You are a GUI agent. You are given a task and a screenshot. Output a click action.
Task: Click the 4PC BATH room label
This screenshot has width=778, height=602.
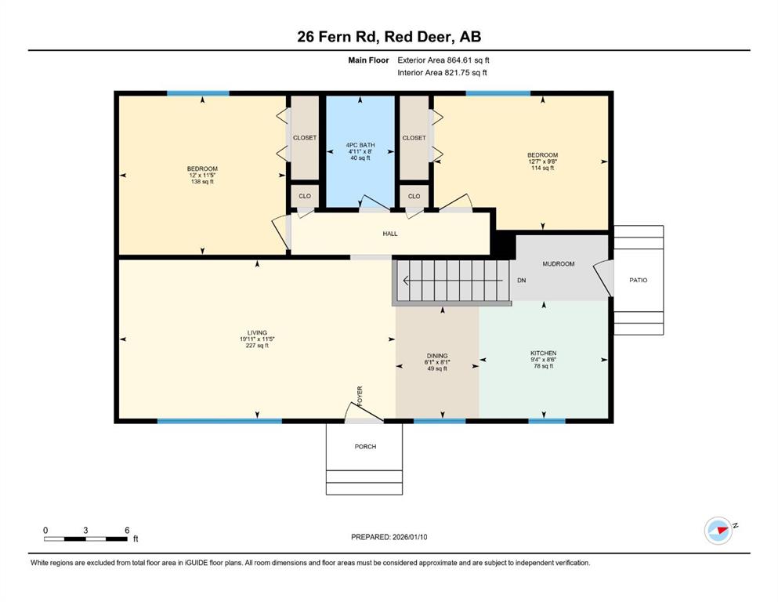coord(360,145)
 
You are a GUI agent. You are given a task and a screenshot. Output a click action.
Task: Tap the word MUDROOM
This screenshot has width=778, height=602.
coord(558,264)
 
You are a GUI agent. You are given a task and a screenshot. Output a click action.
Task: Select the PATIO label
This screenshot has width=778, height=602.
coord(638,280)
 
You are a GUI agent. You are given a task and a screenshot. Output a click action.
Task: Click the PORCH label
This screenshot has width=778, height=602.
coord(365,447)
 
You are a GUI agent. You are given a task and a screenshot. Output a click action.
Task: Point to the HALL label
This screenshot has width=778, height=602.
coord(390,234)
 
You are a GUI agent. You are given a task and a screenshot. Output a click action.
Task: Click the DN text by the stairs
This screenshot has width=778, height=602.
coord(522,281)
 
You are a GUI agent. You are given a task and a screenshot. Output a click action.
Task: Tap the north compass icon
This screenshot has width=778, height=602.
coord(718,531)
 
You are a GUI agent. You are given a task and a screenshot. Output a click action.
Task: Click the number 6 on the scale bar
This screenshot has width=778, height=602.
coord(127,530)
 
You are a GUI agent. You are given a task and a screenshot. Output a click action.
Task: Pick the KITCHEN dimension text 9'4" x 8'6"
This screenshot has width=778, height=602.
coord(543,360)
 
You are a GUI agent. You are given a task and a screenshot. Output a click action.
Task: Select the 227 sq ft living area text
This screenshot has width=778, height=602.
coord(257,346)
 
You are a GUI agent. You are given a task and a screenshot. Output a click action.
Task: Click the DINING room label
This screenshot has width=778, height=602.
coord(437,356)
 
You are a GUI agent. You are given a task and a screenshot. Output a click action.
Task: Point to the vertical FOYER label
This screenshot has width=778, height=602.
coord(360,396)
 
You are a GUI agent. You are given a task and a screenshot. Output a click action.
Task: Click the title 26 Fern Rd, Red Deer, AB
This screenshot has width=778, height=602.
coord(389,37)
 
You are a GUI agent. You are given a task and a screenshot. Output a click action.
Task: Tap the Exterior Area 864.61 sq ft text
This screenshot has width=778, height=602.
coord(443,60)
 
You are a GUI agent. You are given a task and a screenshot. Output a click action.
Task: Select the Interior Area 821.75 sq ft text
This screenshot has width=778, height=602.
coord(442,72)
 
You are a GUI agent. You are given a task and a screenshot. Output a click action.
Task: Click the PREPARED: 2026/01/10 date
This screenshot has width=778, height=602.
coord(389,537)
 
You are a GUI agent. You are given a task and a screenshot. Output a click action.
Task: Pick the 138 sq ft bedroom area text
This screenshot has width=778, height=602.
coord(202,182)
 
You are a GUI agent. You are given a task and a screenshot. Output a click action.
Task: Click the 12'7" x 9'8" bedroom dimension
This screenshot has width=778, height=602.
coord(542,161)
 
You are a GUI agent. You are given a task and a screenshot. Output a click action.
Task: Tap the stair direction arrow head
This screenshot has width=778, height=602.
coord(406,281)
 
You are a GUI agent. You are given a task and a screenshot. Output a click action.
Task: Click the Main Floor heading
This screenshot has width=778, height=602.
coord(368,60)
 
